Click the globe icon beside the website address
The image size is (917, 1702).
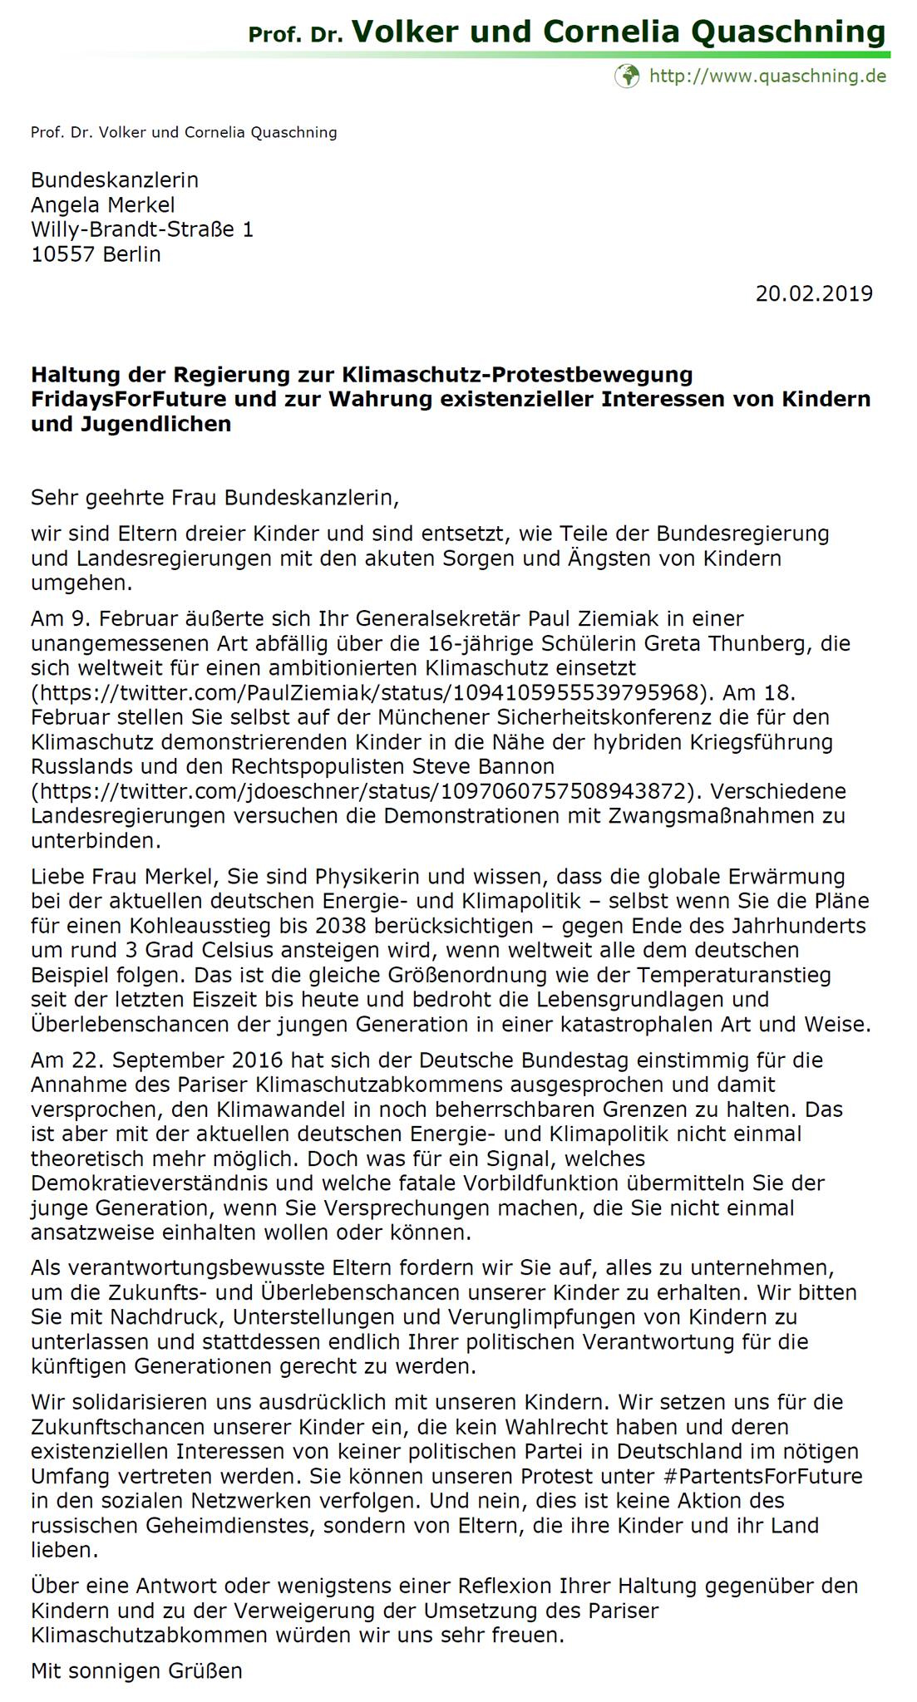627,76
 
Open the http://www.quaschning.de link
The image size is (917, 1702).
767,76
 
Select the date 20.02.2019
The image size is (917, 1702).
814,293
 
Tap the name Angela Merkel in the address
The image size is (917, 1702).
103,204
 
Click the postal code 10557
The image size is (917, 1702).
63,254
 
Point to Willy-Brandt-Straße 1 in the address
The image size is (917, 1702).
142,229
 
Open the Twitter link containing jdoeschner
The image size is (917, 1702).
365,790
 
